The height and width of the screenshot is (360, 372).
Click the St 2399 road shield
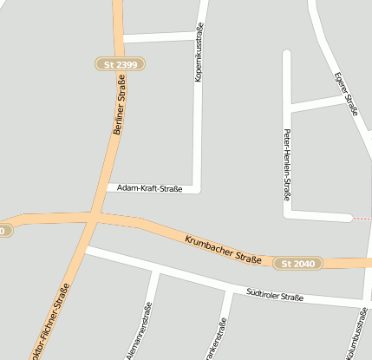[x=120, y=64]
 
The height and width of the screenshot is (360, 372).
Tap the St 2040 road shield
[x=298, y=263]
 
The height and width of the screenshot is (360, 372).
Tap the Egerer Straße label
[x=347, y=94]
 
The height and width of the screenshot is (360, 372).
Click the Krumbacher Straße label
[x=223, y=249]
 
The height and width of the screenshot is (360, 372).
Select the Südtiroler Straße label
[x=274, y=297]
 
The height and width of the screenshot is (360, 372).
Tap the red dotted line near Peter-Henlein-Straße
[x=362, y=219]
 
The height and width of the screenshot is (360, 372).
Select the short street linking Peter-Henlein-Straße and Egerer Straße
[x=317, y=103]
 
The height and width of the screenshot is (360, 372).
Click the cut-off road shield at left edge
[x=4, y=231]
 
